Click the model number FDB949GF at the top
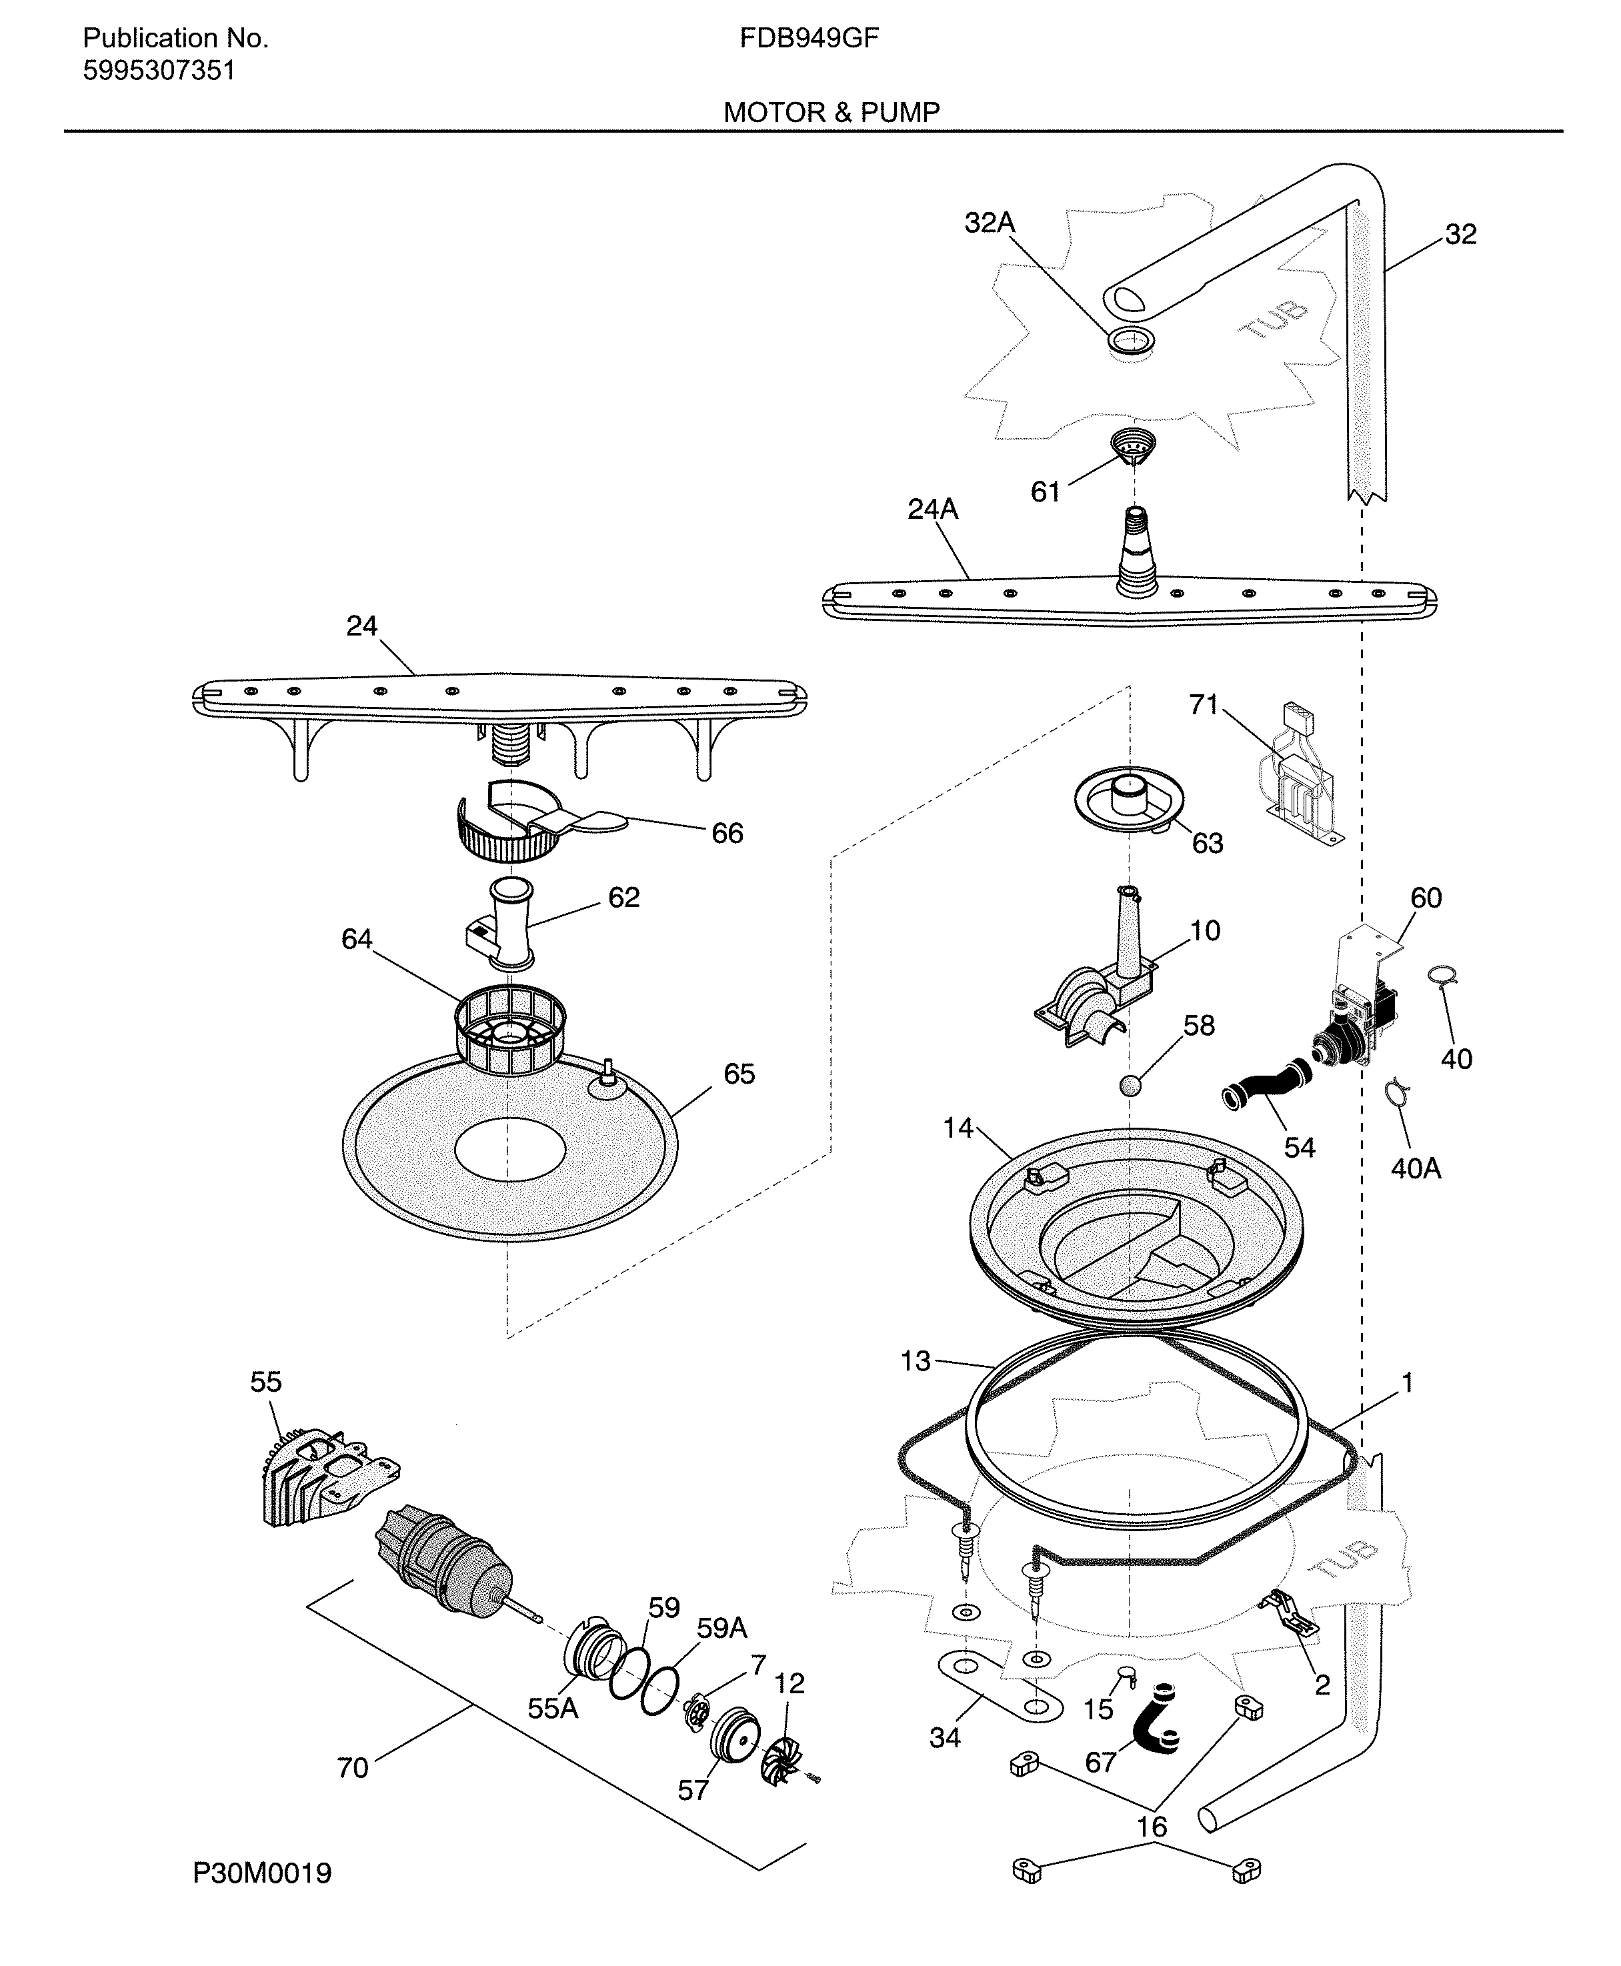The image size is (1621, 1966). pyautogui.click(x=809, y=38)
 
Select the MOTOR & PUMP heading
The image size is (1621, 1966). pyautogui.click(x=831, y=113)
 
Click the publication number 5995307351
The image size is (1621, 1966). pyautogui.click(x=159, y=71)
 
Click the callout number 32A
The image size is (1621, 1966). pyautogui.click(x=989, y=223)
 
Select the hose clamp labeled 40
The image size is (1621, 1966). pyautogui.click(x=1443, y=976)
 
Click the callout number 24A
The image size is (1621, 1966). pyautogui.click(x=933, y=510)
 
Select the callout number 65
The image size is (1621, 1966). pyautogui.click(x=739, y=1074)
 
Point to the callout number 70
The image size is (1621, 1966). pyautogui.click(x=353, y=1768)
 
